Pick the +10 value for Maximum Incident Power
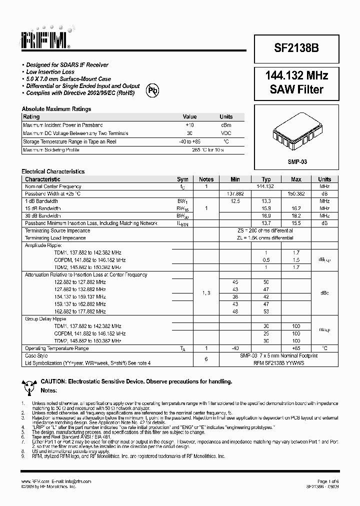[189, 125]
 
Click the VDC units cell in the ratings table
[226, 133]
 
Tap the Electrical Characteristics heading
[53, 171]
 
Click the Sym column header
[182, 179]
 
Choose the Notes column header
[206, 179]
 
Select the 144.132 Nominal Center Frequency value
[265, 186]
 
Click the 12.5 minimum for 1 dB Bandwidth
[235, 201]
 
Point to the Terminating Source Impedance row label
[57, 231]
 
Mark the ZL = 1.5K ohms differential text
[265, 238]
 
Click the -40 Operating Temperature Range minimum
[235, 348]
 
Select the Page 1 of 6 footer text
[327, 481]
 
